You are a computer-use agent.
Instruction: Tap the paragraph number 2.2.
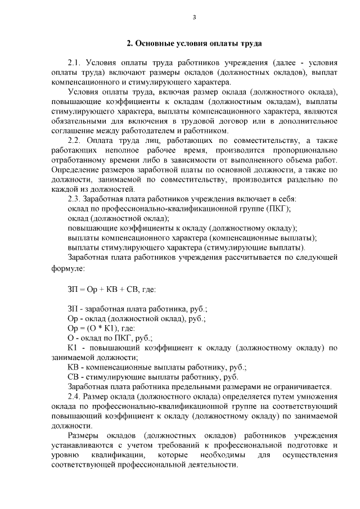pyautogui.click(x=75, y=141)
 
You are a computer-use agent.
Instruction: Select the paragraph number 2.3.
pyautogui.click(x=75, y=199)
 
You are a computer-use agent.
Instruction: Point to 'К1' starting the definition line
pyautogui.click(x=73, y=348)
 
